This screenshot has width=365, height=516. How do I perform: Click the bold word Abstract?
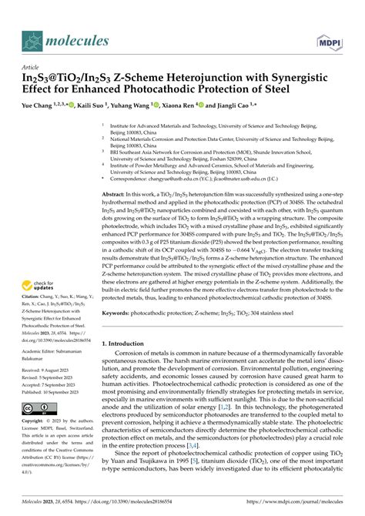(x=117, y=196)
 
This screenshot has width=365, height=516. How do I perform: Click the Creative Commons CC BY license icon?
(x=39, y=430)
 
